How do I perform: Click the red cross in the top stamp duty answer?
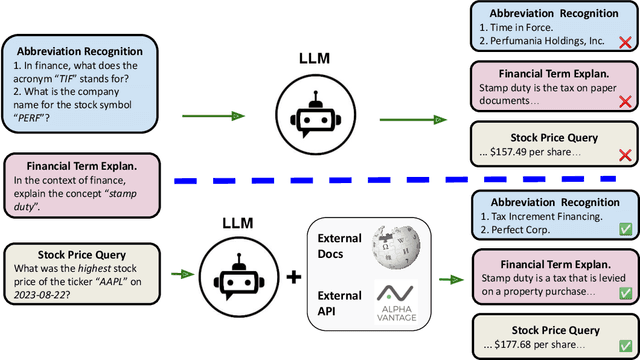(x=625, y=102)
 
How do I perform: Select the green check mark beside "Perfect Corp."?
(x=625, y=229)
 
